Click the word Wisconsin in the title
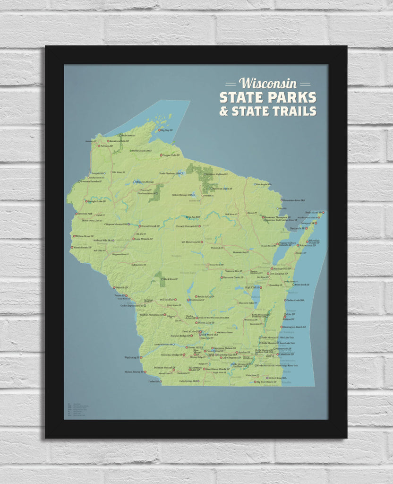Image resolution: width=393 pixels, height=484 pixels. click(268, 83)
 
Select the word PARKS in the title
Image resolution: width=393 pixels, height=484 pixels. click(294, 97)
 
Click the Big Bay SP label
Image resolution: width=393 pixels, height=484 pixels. click(167, 130)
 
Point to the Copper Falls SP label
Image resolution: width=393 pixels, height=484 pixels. click(171, 155)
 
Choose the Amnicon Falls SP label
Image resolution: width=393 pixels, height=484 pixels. click(119, 141)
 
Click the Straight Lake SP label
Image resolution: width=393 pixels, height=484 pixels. click(97, 201)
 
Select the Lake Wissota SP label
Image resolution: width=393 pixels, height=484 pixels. click(143, 239)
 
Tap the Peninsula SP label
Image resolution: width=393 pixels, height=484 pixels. click(297, 228)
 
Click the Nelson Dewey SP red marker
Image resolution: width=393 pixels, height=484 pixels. click(145, 372)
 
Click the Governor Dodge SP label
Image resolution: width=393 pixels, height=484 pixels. click(171, 354)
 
